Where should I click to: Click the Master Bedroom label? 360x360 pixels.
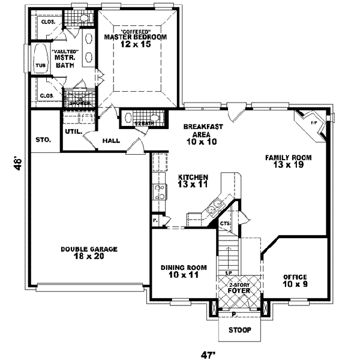click(135, 40)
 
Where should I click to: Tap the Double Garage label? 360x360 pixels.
click(89, 252)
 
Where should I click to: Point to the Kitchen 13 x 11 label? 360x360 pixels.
click(193, 181)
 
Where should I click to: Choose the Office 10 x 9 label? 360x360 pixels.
click(295, 280)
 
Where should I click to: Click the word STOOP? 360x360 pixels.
click(239, 331)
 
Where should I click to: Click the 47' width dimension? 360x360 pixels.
click(208, 355)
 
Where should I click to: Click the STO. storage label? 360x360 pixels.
click(42, 140)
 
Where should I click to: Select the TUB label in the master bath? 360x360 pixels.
click(41, 66)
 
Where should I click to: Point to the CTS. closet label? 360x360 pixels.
click(226, 224)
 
